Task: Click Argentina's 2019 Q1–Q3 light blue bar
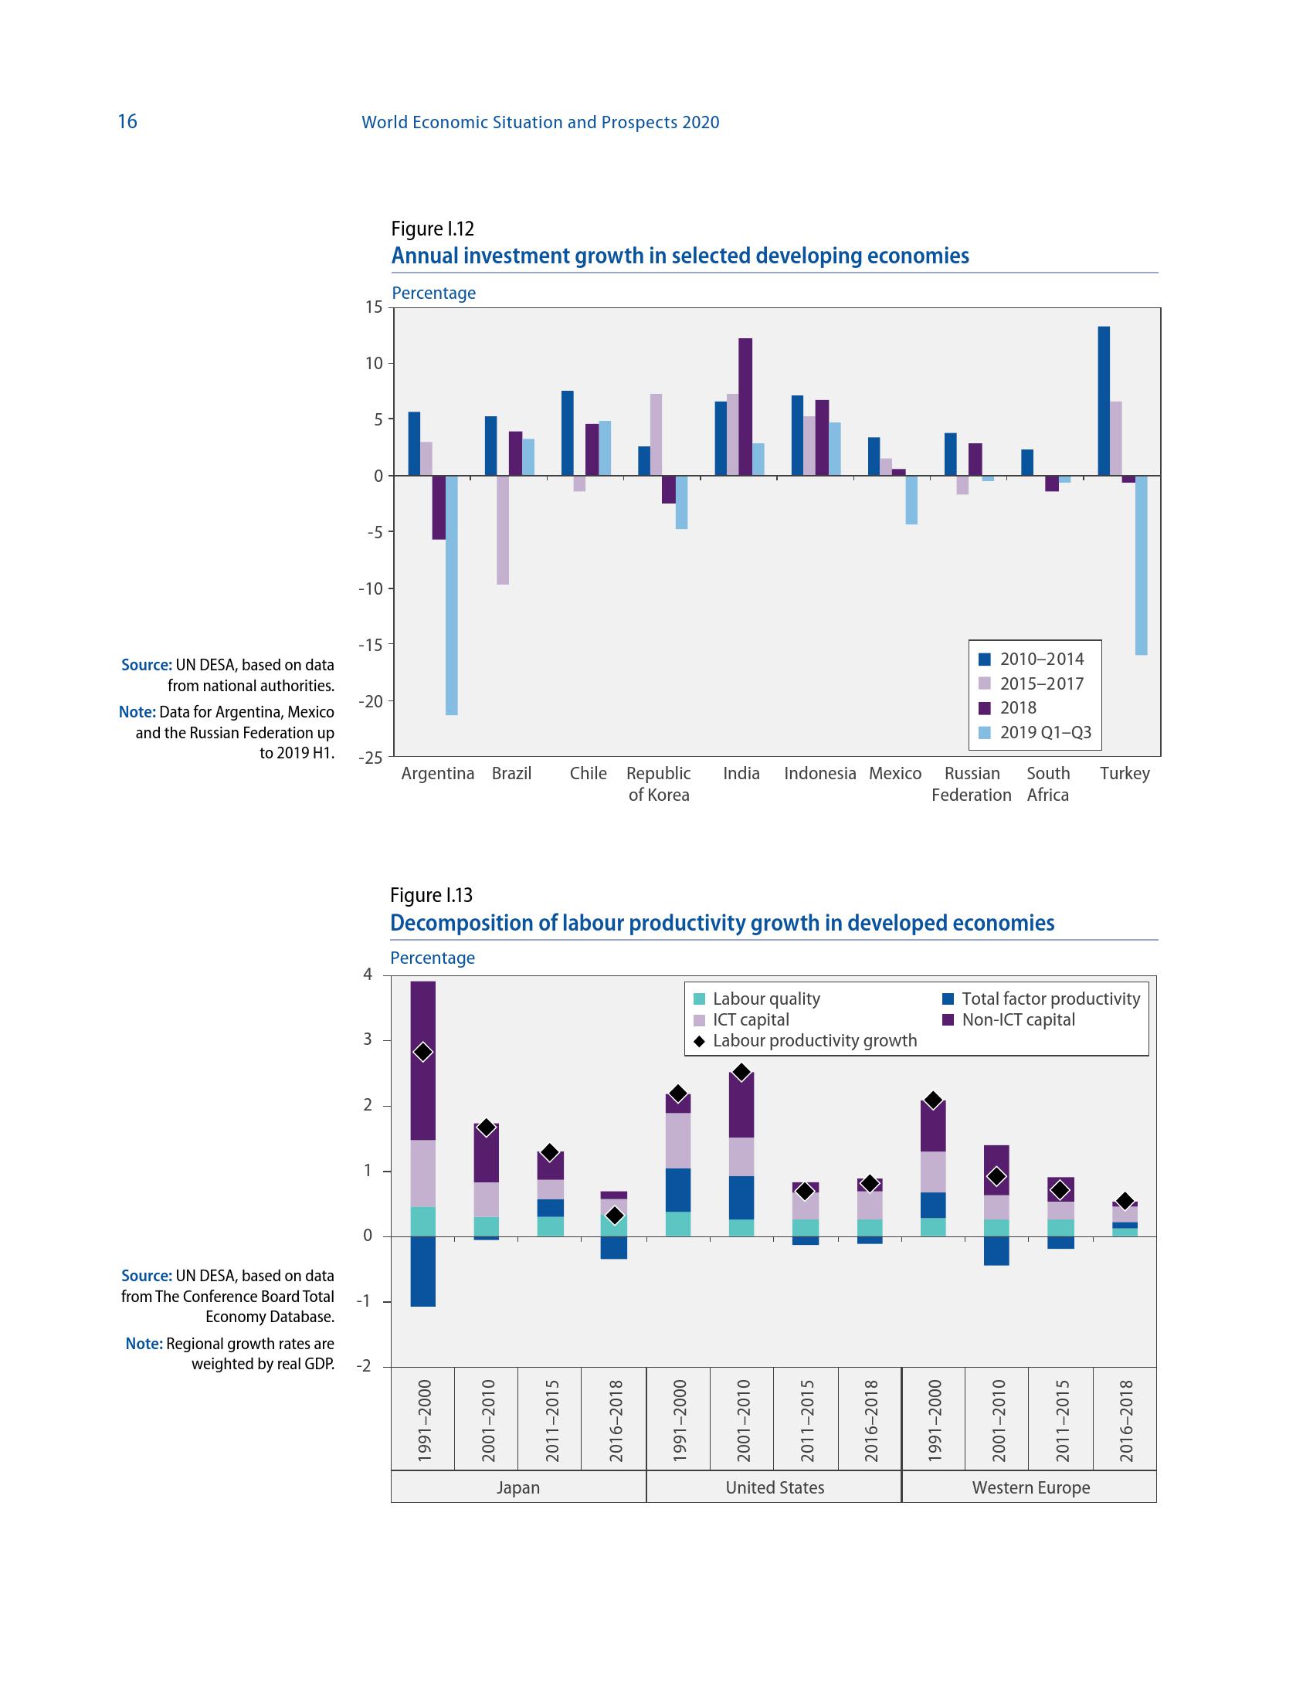pyautogui.click(x=451, y=595)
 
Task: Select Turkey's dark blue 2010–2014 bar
pyautogui.click(x=1103, y=401)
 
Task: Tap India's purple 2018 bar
pyautogui.click(x=745, y=406)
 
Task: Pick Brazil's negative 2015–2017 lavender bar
pyautogui.click(x=503, y=529)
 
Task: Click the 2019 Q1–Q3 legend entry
pyautogui.click(x=1035, y=732)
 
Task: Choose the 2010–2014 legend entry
pyautogui.click(x=1031, y=659)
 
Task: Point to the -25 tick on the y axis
pyautogui.click(x=370, y=757)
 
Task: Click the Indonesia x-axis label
pyautogui.click(x=819, y=773)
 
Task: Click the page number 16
pyautogui.click(x=127, y=121)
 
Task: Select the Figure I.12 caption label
pyautogui.click(x=433, y=229)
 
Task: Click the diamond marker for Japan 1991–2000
pyautogui.click(x=423, y=1053)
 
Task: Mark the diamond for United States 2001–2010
pyautogui.click(x=741, y=1073)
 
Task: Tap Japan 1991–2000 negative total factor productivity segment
pyautogui.click(x=423, y=1270)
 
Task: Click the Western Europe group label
pyautogui.click(x=1030, y=1487)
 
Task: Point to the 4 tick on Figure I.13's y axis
pyautogui.click(x=367, y=975)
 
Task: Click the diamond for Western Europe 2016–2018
pyautogui.click(x=1125, y=1201)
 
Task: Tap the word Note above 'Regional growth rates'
pyautogui.click(x=144, y=1344)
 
